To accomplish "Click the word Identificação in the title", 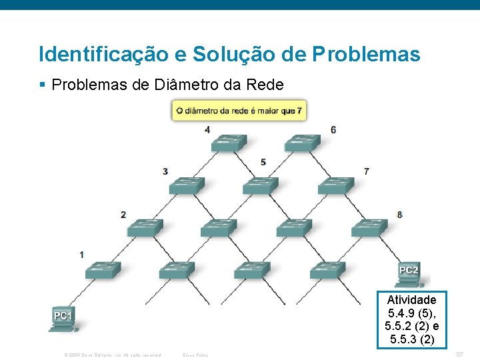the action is pyautogui.click(x=100, y=54).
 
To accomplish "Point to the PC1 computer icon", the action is pyautogui.click(x=64, y=317).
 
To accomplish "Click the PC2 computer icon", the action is pyautogui.click(x=408, y=272).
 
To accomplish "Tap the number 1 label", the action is pyautogui.click(x=81, y=255).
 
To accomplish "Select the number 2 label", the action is pyautogui.click(x=123, y=215).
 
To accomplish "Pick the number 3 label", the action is pyautogui.click(x=165, y=172).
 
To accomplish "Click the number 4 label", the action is pyautogui.click(x=207, y=129).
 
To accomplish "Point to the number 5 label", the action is pyautogui.click(x=263, y=162).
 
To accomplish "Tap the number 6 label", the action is pyautogui.click(x=333, y=129).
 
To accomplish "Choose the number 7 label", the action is pyautogui.click(x=367, y=172).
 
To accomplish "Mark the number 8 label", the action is pyautogui.click(x=399, y=215).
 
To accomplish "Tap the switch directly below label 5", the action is pyautogui.click(x=260, y=185).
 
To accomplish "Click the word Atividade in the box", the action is pyautogui.click(x=411, y=300).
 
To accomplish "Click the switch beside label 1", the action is pyautogui.click(x=103, y=269).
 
